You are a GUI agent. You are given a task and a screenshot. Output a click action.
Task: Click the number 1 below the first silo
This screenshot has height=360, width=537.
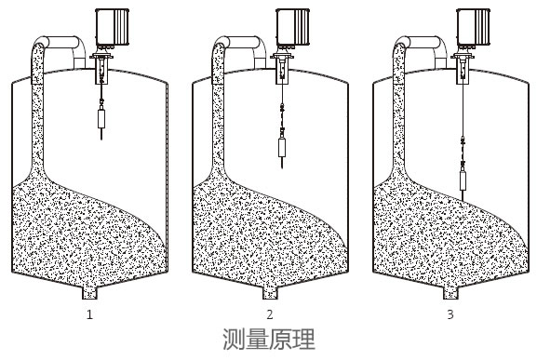click(89, 314)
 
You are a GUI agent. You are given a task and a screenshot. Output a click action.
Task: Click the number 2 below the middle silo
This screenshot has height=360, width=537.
click(270, 314)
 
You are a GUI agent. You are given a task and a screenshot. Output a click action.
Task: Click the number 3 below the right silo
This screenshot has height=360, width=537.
click(450, 314)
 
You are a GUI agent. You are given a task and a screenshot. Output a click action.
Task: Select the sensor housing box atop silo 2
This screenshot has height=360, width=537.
click(291, 27)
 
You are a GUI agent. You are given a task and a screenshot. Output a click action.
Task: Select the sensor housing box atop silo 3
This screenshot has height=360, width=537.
click(472, 27)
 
